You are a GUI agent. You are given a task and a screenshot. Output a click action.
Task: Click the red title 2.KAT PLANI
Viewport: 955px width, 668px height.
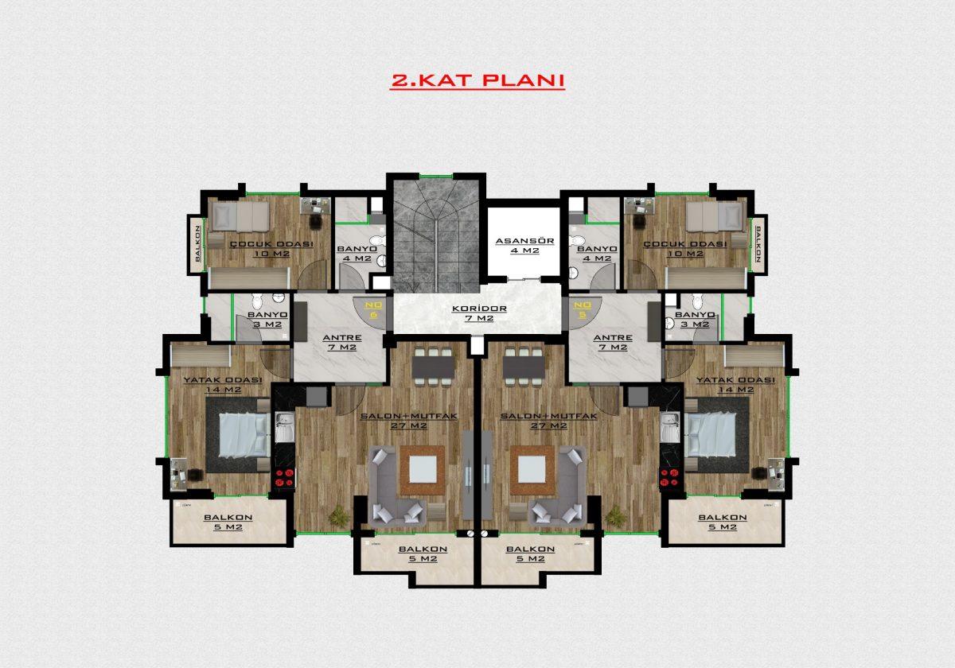pyautogui.click(x=477, y=81)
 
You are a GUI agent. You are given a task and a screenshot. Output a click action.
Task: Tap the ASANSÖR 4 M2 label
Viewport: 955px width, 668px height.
pyautogui.click(x=524, y=246)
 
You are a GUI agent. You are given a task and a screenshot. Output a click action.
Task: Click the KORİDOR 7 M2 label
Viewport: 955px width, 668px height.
pyautogui.click(x=479, y=313)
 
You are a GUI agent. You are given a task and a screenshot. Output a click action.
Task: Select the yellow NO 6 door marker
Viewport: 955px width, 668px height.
pyautogui.click(x=374, y=310)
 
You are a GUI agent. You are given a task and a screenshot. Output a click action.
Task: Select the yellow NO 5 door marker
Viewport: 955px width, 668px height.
pyautogui.click(x=583, y=310)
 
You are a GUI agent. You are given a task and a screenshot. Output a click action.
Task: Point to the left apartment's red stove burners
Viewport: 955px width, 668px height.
pyautogui.click(x=285, y=477)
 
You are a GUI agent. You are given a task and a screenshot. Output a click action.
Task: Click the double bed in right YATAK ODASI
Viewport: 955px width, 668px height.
pyautogui.click(x=711, y=435)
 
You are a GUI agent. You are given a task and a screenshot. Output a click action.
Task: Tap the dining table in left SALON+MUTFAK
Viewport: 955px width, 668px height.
pyautogui.click(x=433, y=367)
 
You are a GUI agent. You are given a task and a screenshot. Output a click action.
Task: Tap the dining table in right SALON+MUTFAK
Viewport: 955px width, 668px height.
pyautogui.click(x=524, y=367)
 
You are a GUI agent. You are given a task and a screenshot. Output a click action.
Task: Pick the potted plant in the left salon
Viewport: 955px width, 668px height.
pyautogui.click(x=338, y=515)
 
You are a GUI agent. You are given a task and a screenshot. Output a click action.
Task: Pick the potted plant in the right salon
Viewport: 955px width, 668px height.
pyautogui.click(x=617, y=515)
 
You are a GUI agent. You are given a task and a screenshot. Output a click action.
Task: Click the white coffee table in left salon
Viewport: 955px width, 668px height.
pyautogui.click(x=423, y=469)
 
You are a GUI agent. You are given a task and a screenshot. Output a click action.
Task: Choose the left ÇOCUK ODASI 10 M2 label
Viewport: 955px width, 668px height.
pyautogui.click(x=271, y=249)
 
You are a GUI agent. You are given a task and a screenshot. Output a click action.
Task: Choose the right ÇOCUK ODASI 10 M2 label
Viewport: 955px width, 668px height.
pyautogui.click(x=685, y=249)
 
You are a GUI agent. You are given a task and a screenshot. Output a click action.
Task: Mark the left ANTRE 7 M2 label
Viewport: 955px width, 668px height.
pyautogui.click(x=342, y=342)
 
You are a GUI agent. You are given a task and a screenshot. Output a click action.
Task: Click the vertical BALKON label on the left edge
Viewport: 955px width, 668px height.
pyautogui.click(x=197, y=243)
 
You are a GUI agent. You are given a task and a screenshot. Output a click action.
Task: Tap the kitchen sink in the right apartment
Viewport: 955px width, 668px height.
pyautogui.click(x=670, y=427)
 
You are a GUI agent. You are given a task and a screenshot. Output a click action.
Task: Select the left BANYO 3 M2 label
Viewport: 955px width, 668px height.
pyautogui.click(x=267, y=320)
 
